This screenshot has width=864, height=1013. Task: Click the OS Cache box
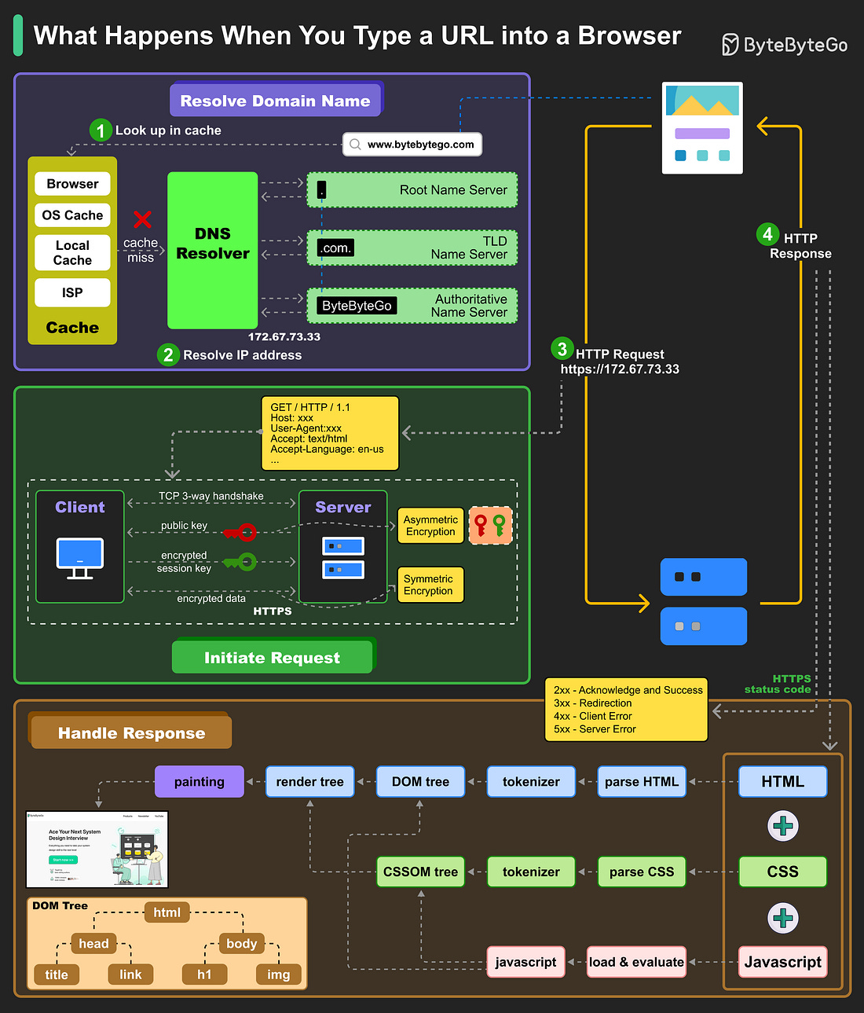pyautogui.click(x=72, y=215)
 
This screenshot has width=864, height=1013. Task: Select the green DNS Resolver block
pyautogui.click(x=212, y=250)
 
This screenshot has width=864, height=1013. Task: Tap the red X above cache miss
pyautogui.click(x=142, y=219)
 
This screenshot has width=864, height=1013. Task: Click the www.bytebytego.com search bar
pyautogui.click(x=412, y=145)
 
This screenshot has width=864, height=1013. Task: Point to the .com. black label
pyautogui.click(x=335, y=248)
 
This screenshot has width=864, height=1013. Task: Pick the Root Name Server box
pyautogui.click(x=412, y=190)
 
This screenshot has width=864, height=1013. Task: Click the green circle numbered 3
pyautogui.click(x=562, y=349)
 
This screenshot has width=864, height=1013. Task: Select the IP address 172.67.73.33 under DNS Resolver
pyautogui.click(x=284, y=337)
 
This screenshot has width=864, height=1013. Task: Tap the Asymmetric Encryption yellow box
pyautogui.click(x=430, y=526)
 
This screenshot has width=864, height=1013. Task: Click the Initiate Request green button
pyautogui.click(x=272, y=658)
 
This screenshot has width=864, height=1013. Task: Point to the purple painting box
pyautogui.click(x=200, y=782)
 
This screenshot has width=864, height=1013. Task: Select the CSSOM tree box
pyautogui.click(x=420, y=872)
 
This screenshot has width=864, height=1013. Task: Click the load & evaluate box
pyautogui.click(x=636, y=962)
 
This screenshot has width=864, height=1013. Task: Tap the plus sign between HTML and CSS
pyautogui.click(x=782, y=826)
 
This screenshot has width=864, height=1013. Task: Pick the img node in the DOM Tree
pyautogui.click(x=279, y=974)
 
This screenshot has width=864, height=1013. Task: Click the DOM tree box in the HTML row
pyautogui.click(x=420, y=782)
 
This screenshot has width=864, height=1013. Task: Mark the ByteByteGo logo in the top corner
pyautogui.click(x=784, y=45)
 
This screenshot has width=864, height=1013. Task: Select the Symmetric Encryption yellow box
pyautogui.click(x=430, y=585)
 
